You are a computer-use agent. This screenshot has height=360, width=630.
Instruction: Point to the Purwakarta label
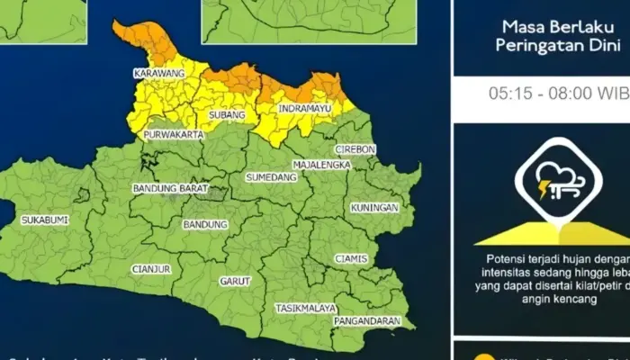(173, 135)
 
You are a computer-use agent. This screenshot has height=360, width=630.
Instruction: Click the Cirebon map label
(354, 148)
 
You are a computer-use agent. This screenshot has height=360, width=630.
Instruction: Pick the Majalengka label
(319, 166)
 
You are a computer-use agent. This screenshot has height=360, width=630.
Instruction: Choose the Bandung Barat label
(166, 189)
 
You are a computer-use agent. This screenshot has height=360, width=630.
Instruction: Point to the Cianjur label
(150, 267)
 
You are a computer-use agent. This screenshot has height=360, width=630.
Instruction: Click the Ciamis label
(351, 259)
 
